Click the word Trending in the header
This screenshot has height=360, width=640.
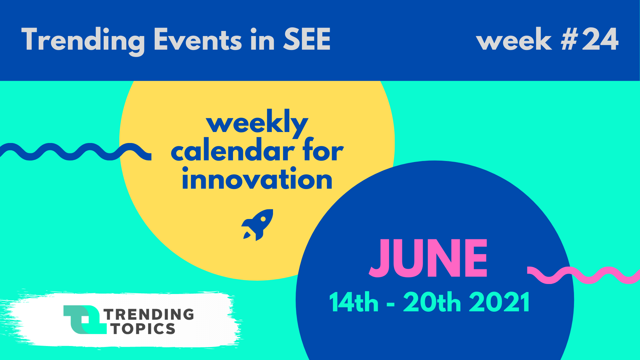[83, 41]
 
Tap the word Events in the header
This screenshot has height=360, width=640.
[197, 39]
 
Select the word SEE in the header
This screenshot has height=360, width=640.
[307, 39]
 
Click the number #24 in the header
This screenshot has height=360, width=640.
[590, 39]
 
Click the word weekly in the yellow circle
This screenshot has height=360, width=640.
[257, 123]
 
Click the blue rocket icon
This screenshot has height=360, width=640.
[257, 225]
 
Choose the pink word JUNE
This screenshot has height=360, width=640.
[428, 258]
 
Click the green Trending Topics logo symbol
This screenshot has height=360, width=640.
[85, 320]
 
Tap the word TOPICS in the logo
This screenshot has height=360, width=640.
[143, 329]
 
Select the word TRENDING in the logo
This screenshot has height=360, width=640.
[149, 314]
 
